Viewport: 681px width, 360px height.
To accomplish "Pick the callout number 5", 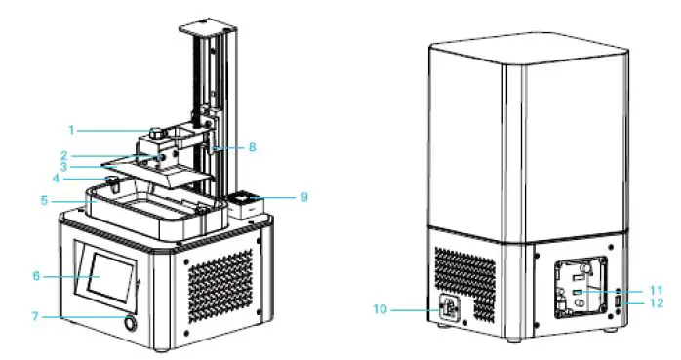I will (45, 202).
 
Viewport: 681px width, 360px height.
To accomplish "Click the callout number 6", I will (35, 276).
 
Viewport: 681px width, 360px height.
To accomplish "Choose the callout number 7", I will (35, 317).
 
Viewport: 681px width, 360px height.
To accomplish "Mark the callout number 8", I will (252, 148).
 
